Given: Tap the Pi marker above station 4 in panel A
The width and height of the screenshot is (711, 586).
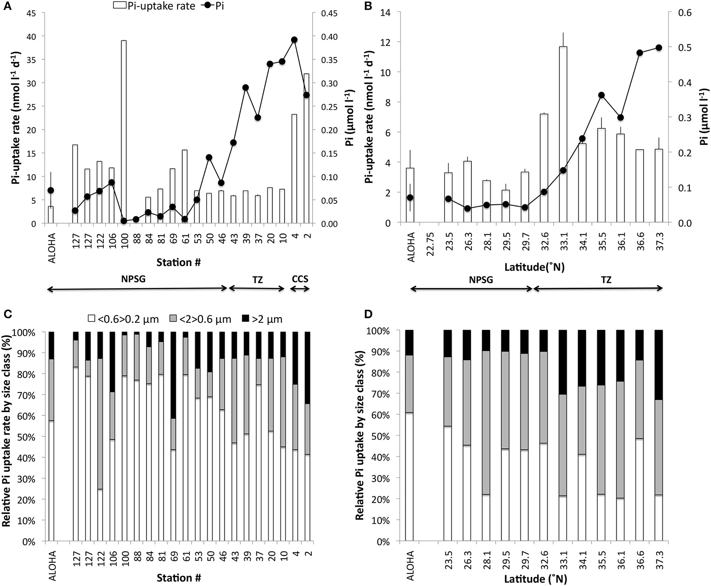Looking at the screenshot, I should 294,40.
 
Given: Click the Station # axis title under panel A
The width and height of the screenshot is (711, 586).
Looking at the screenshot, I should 179,263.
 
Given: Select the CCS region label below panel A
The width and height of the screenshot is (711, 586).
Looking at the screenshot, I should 300,279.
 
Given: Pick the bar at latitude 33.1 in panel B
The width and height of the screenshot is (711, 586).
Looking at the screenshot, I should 563,134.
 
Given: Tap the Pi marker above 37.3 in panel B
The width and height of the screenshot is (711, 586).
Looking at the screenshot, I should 659,48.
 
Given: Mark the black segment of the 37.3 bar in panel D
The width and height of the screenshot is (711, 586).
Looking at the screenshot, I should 658,365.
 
